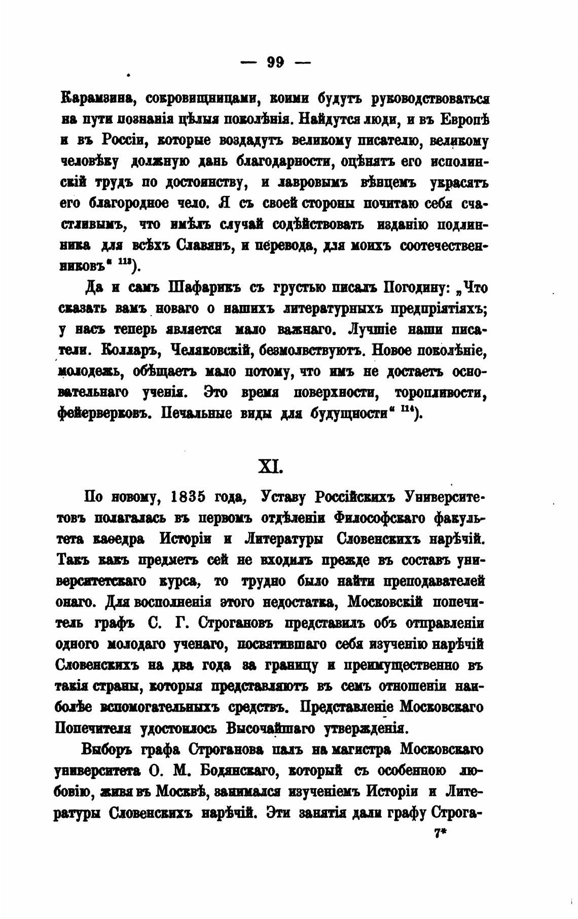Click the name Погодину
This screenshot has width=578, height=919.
[x=409, y=288]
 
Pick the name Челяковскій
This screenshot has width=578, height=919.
[x=212, y=351]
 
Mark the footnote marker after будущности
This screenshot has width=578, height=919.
[x=409, y=412]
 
